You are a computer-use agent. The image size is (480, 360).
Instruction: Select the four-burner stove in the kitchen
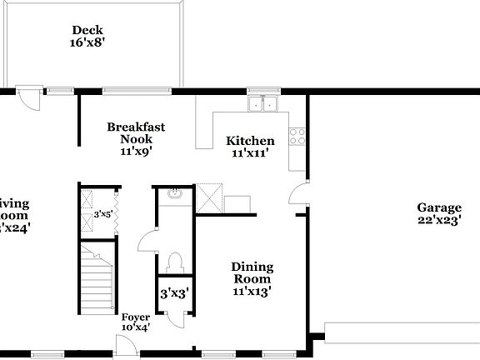(297, 136)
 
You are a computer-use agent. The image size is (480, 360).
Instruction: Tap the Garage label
(439, 207)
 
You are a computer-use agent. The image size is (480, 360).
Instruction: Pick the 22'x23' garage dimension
(439, 221)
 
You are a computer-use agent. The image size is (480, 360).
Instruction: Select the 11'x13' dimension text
(252, 292)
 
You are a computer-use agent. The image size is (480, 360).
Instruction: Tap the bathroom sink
(174, 195)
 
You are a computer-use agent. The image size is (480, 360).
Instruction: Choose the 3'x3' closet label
(174, 293)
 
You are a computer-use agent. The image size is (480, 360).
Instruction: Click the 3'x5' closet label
(103, 214)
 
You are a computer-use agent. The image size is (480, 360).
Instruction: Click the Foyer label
(136, 317)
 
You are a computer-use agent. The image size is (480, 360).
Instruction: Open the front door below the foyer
(125, 343)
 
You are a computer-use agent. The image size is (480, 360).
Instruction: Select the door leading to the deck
(30, 97)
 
